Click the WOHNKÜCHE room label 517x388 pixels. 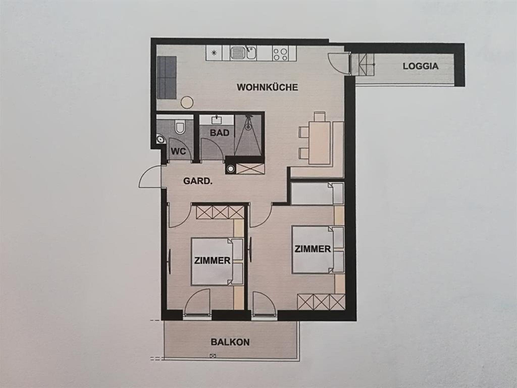click(267, 87)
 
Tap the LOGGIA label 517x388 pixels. click(421, 66)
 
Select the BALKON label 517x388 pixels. click(230, 342)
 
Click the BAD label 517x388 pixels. click(220, 133)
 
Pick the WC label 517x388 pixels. click(178, 151)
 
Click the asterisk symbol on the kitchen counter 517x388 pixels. click(214, 53)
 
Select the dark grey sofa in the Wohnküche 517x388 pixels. click(167, 77)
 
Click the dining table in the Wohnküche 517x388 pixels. click(319, 143)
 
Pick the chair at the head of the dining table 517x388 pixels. click(319, 117)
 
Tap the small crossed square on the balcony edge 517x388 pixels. click(213, 356)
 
